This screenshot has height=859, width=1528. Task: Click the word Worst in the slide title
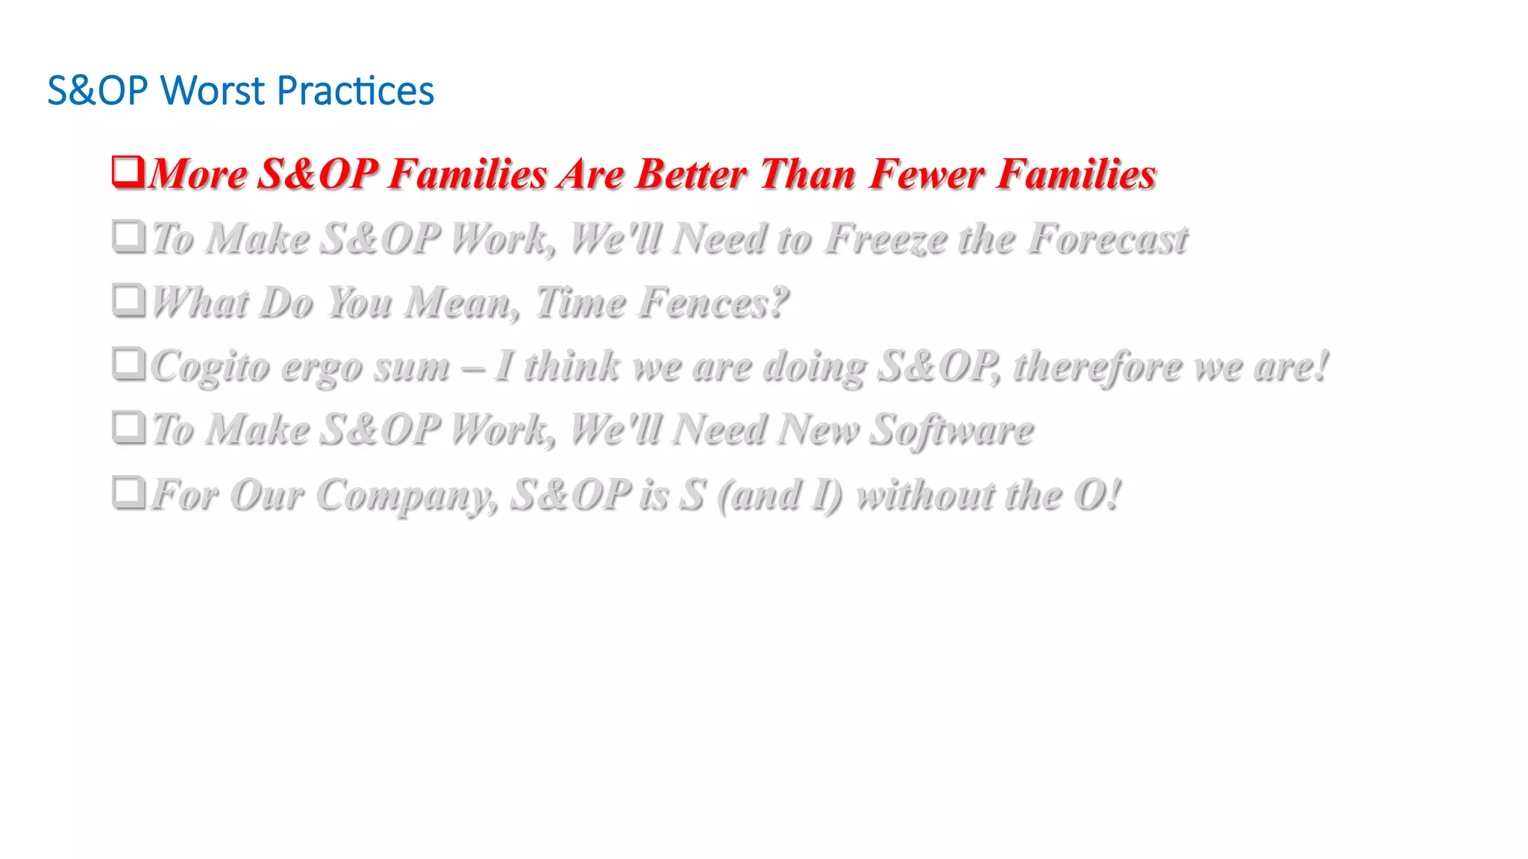point(213,91)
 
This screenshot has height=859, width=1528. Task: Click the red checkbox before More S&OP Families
point(128,171)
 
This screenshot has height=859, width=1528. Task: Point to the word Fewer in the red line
point(926,174)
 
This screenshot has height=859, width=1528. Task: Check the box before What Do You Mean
point(128,300)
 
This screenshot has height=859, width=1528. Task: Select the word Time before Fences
point(580,303)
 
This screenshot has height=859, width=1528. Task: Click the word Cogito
point(210,368)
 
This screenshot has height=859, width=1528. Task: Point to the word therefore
point(1098,367)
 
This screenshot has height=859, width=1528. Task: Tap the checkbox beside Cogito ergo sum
point(128,364)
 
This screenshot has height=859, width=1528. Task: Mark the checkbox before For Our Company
point(128,492)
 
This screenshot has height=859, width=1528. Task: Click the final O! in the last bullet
point(1097,495)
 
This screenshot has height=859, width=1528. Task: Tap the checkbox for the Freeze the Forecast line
point(128,236)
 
